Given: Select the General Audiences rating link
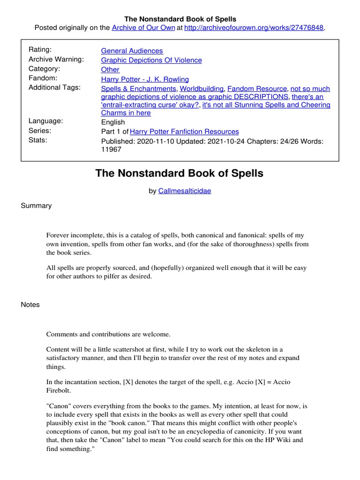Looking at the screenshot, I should (132, 51).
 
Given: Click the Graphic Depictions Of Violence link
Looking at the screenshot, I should (151, 60).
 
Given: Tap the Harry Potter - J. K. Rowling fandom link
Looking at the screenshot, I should (145, 79).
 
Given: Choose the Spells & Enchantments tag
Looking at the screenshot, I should (139, 89).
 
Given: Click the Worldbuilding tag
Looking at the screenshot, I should (202, 89).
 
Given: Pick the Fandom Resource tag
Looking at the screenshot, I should (257, 89).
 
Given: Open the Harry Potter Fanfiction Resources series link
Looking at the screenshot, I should (184, 132).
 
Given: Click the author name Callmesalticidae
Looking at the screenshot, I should (185, 191).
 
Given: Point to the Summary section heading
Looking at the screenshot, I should (36, 206).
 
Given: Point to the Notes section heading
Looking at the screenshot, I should (30, 305).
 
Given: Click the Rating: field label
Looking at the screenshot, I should (40, 50).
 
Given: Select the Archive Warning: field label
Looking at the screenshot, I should (56, 59).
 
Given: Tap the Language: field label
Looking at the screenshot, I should (45, 121).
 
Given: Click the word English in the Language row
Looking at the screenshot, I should (113, 122).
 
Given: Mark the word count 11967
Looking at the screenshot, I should (111, 150).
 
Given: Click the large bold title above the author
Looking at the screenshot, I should (180, 173).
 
